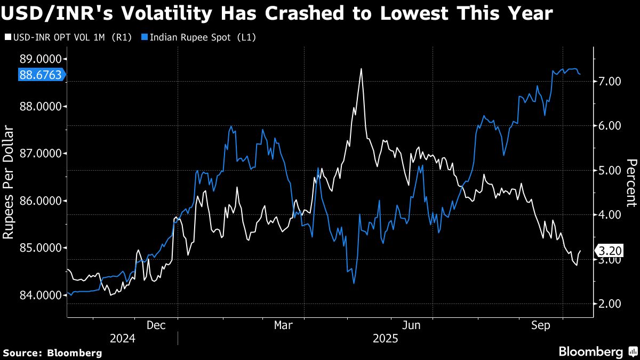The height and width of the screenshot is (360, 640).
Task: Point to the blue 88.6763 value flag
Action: point(40,75)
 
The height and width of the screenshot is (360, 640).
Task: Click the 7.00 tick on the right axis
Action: point(611,81)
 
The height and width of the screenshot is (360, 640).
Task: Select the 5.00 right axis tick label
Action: point(611,170)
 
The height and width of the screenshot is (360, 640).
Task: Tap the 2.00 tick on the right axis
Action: point(611,303)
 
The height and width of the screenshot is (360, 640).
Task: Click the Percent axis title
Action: point(631,182)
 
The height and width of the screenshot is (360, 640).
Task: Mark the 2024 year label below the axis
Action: point(122,338)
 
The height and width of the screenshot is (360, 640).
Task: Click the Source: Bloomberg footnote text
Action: point(52,353)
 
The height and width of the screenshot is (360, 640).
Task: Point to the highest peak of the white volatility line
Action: point(362,69)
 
